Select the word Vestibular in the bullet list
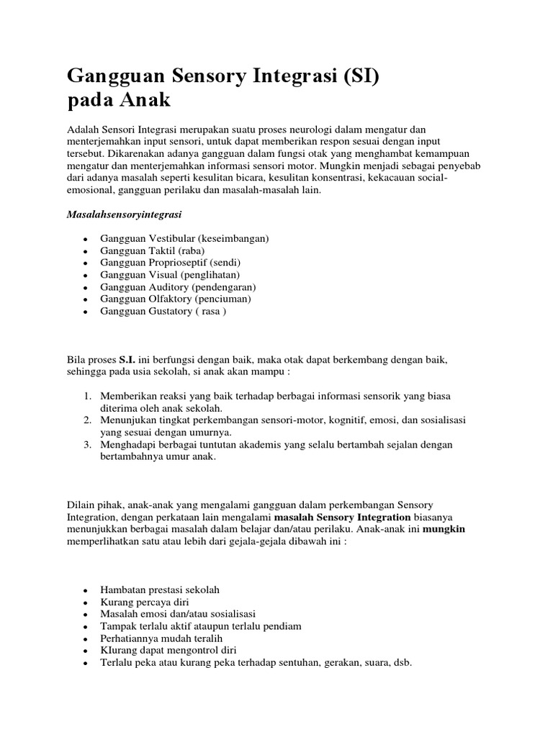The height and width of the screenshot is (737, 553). pos(174,238)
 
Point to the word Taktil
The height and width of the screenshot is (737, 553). pos(163,250)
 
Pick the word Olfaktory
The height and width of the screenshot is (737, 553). pos(170,299)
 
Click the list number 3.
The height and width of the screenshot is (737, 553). pos(86,445)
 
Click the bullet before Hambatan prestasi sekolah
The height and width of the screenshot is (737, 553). pos(86,590)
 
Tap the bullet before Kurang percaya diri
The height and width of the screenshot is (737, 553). pos(86,602)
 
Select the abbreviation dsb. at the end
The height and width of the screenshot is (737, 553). pos(401,662)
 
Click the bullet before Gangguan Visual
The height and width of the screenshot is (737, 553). pos(86,275)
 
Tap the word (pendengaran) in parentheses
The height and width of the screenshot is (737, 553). pos(220,286)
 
